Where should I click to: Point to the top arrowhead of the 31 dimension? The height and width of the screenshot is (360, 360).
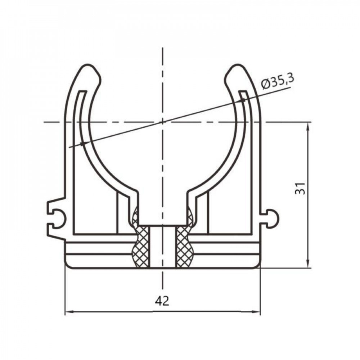(x=308, y=125)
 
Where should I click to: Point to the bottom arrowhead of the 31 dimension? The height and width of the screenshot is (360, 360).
(x=308, y=265)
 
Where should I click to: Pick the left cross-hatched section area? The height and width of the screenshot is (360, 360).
(x=141, y=245)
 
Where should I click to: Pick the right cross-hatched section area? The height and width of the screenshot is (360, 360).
(x=184, y=245)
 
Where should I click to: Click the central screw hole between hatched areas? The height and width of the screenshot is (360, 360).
(x=163, y=247)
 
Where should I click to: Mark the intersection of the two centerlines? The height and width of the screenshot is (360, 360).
(x=163, y=122)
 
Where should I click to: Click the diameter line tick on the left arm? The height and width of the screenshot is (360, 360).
(x=83, y=143)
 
